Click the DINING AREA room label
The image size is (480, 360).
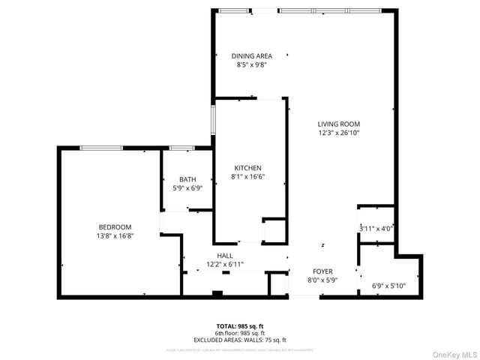click(251, 55)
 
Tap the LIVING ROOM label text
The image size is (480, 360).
click(338, 124)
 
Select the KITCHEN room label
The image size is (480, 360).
click(247, 167)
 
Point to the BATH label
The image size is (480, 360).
click(187, 179)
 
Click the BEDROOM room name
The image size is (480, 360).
click(115, 227)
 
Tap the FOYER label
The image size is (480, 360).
click(322, 271)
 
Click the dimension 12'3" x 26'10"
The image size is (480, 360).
click(338, 133)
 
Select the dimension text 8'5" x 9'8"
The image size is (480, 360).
click(251, 65)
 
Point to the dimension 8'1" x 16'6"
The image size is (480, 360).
click(247, 177)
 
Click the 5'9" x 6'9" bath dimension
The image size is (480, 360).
click(187, 188)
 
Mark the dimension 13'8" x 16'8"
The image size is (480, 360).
click(115, 236)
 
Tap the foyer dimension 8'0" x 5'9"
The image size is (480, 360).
click(322, 280)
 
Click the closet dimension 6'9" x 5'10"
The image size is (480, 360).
click(388, 286)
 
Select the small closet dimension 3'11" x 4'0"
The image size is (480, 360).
click(376, 229)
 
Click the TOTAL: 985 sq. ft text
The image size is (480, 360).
click(240, 326)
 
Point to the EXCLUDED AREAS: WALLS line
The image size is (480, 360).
click(240, 340)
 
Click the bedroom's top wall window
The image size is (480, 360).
click(101, 148)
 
